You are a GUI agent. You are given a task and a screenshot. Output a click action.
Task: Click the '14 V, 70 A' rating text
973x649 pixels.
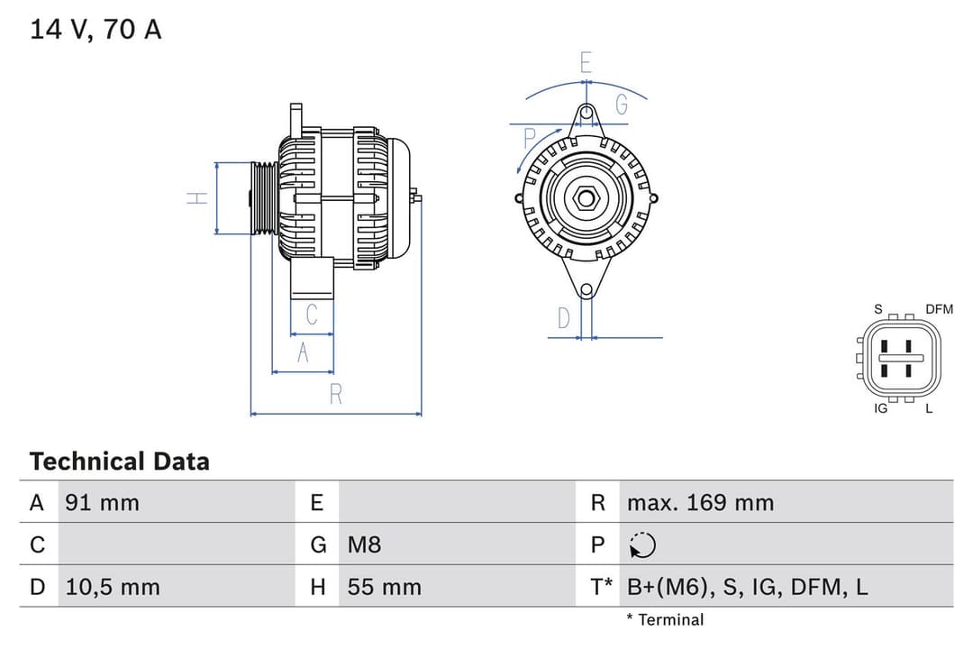point(95,30)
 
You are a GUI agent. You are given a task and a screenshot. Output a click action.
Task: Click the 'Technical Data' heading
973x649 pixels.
point(119,462)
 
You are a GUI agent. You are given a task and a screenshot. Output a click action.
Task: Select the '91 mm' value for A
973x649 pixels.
point(102,502)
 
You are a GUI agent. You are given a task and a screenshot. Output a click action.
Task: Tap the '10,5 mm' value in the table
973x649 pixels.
point(113,587)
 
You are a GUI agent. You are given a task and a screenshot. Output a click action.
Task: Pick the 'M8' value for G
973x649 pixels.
point(364,544)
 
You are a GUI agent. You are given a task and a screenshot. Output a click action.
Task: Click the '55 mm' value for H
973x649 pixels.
point(384,587)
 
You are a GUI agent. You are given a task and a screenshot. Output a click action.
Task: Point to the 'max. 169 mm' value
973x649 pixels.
point(700,502)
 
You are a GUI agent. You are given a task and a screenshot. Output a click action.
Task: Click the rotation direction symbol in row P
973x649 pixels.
point(642,545)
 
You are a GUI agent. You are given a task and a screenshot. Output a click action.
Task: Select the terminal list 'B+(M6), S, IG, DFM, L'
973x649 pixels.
point(747,587)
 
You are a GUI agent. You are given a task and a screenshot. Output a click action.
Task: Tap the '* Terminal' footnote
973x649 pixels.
point(665,620)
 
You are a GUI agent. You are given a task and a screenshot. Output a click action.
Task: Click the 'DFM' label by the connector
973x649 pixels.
point(939,309)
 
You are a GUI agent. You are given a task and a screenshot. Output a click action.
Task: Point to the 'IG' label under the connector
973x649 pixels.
point(881,408)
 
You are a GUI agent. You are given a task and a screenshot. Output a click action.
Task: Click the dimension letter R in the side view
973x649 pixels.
point(335,395)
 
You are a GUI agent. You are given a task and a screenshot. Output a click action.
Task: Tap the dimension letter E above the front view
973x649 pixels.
point(587,63)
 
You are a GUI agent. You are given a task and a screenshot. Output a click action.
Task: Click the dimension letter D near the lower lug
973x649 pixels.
point(564,318)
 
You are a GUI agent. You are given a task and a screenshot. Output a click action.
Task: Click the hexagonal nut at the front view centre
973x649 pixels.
point(586,197)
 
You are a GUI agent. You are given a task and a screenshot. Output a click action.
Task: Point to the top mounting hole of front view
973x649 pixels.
point(587,114)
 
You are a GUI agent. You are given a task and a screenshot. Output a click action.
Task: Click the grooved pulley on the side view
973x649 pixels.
point(265,198)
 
